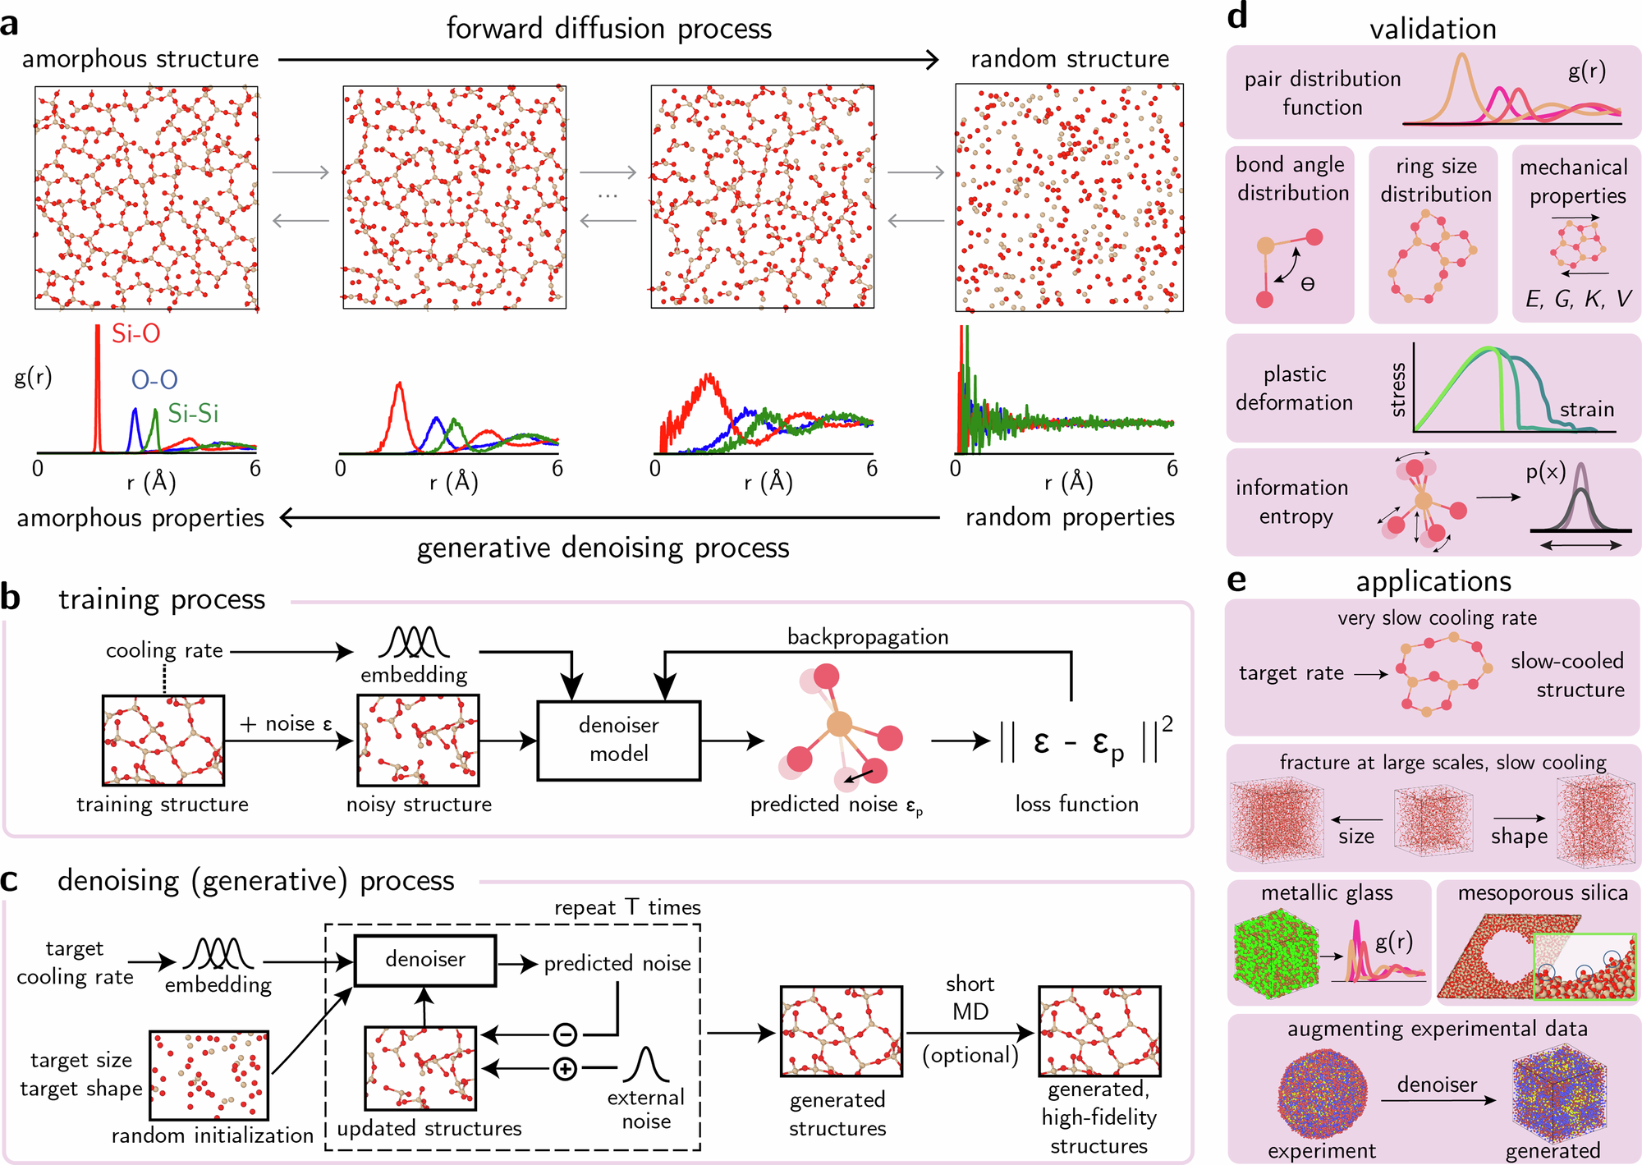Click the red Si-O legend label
[136, 334]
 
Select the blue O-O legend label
[154, 379]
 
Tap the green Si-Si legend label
[193, 413]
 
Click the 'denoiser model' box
[618, 740]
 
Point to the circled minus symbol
[565, 1034]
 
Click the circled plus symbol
[565, 1069]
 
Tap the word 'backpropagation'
[868, 637]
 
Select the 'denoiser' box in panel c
[424, 960]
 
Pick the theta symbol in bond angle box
[1308, 285]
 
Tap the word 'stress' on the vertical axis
[1398, 390]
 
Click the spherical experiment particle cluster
[1322, 1097]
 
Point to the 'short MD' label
[970, 998]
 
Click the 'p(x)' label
[1545, 472]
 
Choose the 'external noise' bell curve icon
[646, 1064]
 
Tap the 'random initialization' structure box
[209, 1076]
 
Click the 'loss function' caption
[1076, 805]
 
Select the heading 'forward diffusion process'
[608, 29]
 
